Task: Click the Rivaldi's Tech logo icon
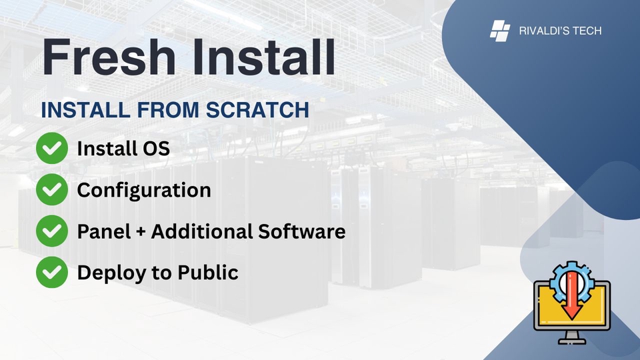500,31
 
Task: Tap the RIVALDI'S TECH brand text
560,31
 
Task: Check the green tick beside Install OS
51,149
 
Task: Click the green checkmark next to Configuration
51,190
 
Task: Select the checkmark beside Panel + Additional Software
51,231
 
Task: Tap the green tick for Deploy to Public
51,272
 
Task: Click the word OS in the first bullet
156,149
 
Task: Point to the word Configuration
144,190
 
